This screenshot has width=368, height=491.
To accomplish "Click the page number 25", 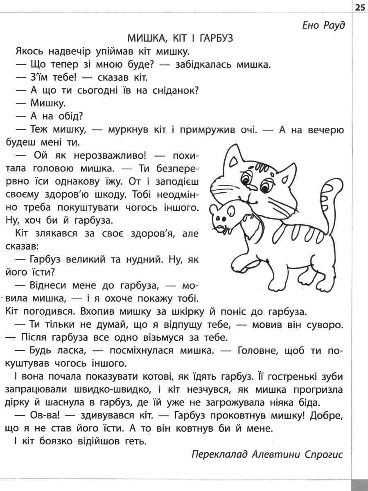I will pos(360,7).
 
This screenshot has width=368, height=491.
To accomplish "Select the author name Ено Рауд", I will pos(323,25).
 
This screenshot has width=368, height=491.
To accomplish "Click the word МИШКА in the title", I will pos(145,39).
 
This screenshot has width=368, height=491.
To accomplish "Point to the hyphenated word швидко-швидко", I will pos(127,389).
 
